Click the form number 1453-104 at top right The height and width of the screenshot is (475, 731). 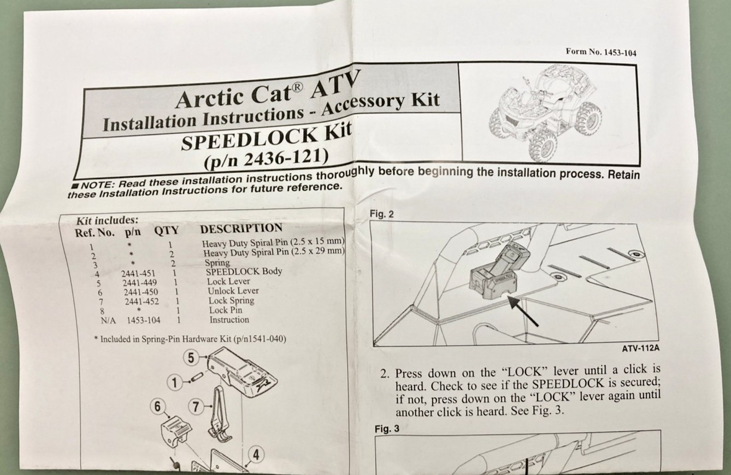pos(601,53)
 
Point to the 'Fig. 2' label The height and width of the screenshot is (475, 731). pos(381,215)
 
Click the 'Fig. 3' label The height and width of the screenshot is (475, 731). pos(387,429)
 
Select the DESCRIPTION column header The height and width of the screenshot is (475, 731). pos(241,229)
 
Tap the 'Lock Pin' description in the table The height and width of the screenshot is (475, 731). pos(226,310)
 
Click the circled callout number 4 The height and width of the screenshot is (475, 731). pos(255,455)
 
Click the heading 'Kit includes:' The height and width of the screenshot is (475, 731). pos(107,221)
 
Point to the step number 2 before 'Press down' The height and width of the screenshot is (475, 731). pos(385,375)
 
